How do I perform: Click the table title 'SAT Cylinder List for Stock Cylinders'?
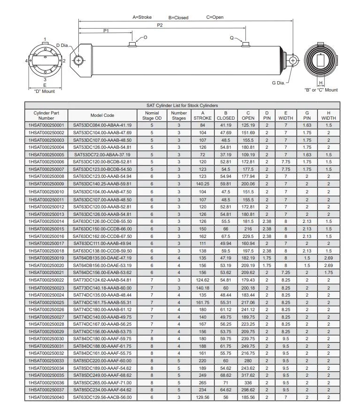(182, 106)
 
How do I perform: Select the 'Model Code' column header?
(102, 115)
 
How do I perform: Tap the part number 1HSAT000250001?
(46, 125)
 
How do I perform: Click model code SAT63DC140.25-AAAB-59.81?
(102, 184)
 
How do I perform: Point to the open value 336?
(248, 382)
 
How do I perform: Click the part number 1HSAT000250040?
(46, 397)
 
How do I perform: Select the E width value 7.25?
(285, 272)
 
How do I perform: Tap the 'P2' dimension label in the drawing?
(160, 25)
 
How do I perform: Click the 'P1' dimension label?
(106, 31)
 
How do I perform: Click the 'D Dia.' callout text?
(62, 46)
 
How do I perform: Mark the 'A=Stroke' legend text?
(142, 17)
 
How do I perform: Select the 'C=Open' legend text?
(215, 17)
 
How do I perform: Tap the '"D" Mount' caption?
(45, 91)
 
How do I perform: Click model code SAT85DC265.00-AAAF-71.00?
(102, 382)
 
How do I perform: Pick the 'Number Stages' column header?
(179, 115)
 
